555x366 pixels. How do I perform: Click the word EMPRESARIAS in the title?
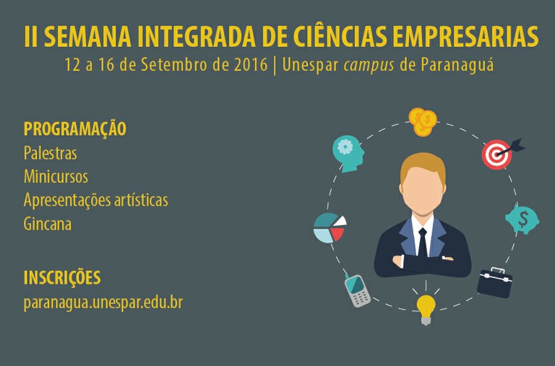click(465, 37)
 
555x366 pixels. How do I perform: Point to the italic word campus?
click(369, 66)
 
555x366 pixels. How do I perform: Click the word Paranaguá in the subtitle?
click(457, 66)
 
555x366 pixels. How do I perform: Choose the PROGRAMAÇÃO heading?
click(75, 128)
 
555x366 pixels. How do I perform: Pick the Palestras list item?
click(51, 153)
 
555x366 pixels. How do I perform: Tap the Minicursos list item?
click(56, 176)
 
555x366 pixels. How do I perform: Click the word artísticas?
click(141, 200)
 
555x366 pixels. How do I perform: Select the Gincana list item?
click(48, 224)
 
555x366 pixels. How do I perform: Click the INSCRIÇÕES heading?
click(62, 278)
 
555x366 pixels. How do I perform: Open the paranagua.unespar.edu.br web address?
click(103, 303)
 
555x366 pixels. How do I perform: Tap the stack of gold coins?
click(423, 122)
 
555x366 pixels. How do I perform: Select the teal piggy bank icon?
click(522, 219)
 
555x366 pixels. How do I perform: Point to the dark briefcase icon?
click(494, 282)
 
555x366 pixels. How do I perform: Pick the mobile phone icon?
click(357, 289)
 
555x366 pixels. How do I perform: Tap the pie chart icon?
click(330, 227)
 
